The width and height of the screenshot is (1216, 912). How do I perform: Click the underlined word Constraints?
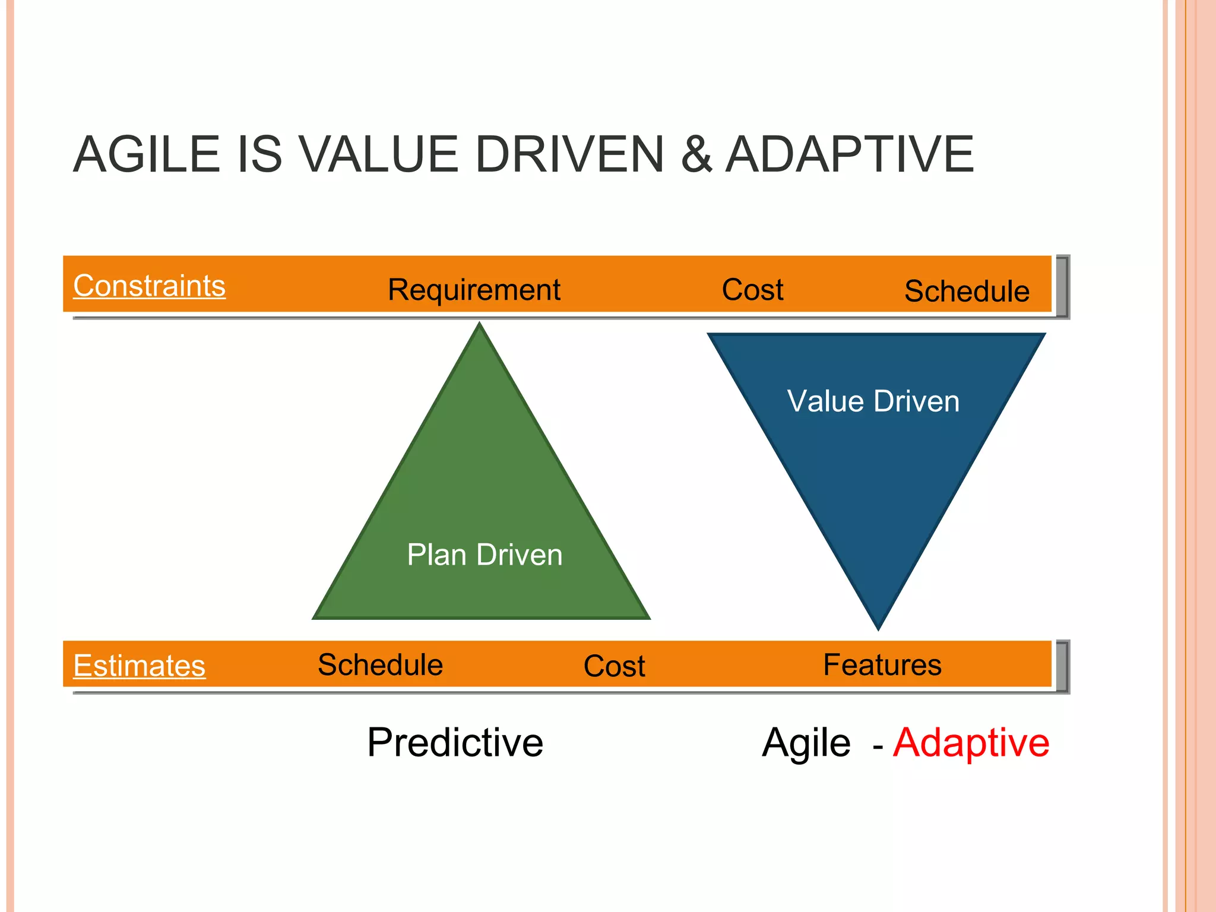pyautogui.click(x=149, y=286)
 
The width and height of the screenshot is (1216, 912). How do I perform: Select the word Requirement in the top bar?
pyautogui.click(x=474, y=290)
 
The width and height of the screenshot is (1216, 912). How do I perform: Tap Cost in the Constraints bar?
pyautogui.click(x=752, y=290)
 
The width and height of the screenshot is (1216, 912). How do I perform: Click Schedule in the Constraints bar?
pyautogui.click(x=967, y=291)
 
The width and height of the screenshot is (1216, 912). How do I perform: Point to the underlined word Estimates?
pyautogui.click(x=139, y=665)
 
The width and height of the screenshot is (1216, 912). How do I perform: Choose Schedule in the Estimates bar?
pyautogui.click(x=380, y=664)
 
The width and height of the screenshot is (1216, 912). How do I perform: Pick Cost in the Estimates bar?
pyautogui.click(x=614, y=666)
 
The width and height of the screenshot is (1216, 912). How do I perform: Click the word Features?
pyautogui.click(x=882, y=664)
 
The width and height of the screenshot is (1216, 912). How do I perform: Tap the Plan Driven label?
pyautogui.click(x=484, y=555)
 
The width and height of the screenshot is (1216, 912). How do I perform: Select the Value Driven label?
pyautogui.click(x=873, y=401)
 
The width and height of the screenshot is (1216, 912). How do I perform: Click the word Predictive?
pyautogui.click(x=455, y=742)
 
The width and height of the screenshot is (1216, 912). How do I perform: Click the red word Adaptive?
pyautogui.click(x=971, y=742)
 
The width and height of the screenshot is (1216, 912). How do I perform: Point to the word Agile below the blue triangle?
pyautogui.click(x=806, y=742)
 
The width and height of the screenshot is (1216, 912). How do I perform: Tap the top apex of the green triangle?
pyautogui.click(x=480, y=325)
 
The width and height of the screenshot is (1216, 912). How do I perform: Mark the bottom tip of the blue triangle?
pyautogui.click(x=878, y=627)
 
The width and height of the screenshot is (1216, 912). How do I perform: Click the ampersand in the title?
pyautogui.click(x=696, y=154)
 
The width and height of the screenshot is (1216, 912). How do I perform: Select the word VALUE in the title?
pyautogui.click(x=379, y=154)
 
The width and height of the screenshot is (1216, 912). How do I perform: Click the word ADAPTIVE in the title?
pyautogui.click(x=850, y=154)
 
